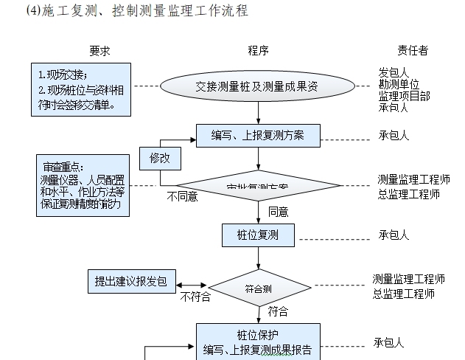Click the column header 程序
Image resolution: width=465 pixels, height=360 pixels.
(x=258, y=51)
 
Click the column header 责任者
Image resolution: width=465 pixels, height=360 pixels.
(x=413, y=51)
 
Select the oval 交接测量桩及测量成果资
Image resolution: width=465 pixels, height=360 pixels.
(x=258, y=86)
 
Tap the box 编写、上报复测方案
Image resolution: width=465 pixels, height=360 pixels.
(x=258, y=136)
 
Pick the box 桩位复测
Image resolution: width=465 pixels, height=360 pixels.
(x=258, y=235)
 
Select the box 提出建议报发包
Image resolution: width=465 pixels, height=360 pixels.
(x=131, y=281)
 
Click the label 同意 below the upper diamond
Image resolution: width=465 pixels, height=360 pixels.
(x=278, y=212)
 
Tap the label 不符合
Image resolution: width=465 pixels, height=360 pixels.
(x=195, y=297)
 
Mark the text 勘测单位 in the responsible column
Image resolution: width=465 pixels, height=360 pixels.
(x=399, y=84)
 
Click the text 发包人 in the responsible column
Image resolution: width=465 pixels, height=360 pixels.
(x=394, y=72)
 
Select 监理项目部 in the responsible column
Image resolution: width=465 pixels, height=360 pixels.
(x=404, y=96)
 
